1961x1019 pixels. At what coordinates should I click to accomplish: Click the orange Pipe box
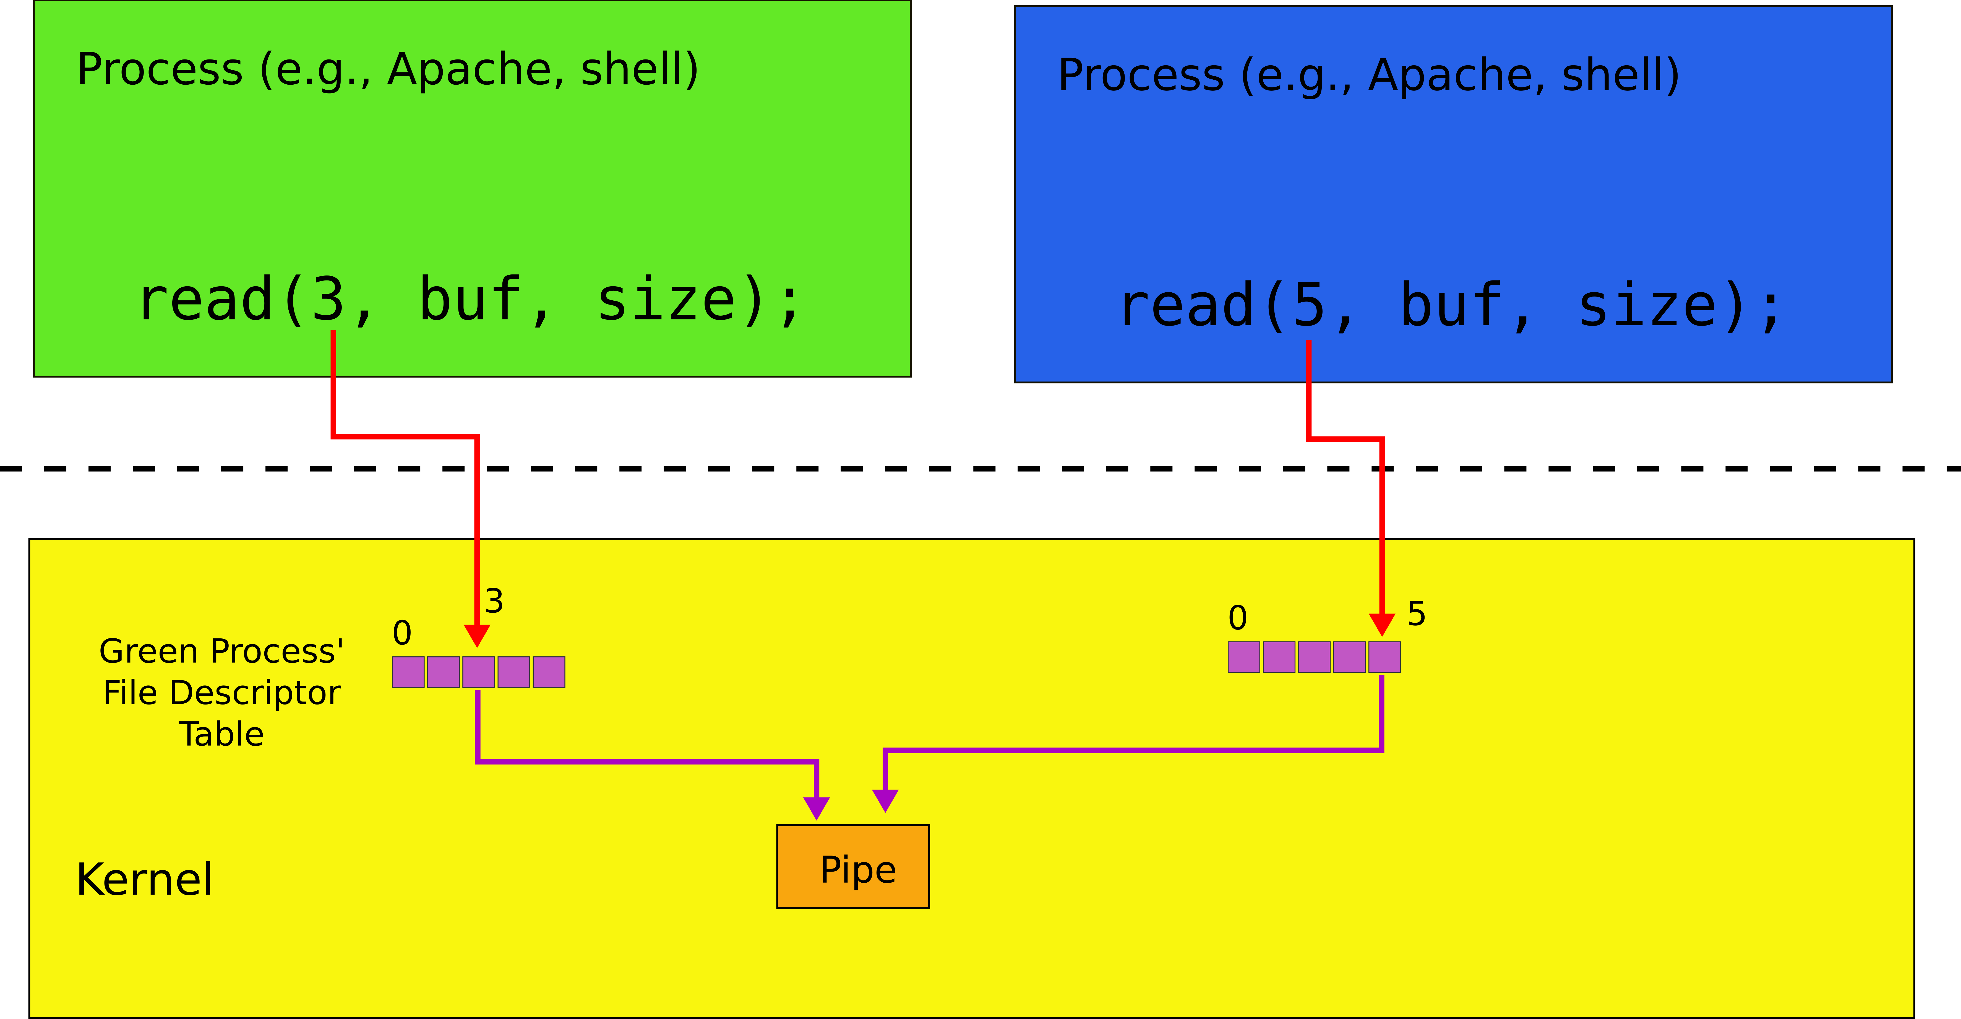tap(852, 867)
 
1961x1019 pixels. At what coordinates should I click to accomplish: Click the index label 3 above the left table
tap(494, 602)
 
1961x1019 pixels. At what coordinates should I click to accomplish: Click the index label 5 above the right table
tap(1416, 614)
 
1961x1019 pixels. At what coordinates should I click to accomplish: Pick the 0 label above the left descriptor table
tap(402, 633)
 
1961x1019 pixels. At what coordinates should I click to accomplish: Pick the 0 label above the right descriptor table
tap(1238, 618)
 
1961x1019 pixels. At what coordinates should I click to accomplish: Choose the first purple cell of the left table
tap(408, 672)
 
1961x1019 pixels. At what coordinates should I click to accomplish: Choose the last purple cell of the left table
tap(549, 672)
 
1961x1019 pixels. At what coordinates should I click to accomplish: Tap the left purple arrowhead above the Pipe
tap(817, 807)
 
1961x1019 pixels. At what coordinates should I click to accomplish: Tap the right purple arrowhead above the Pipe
tap(885, 800)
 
